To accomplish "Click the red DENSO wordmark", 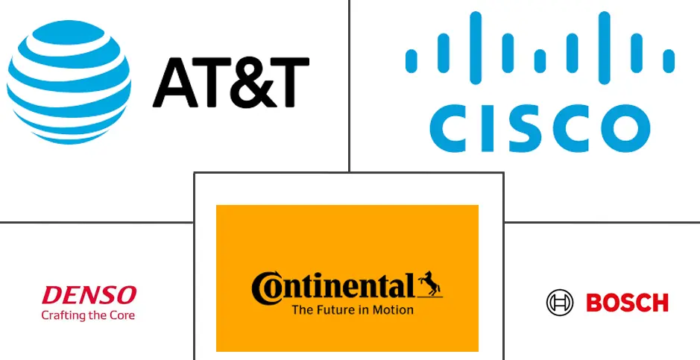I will click(89, 294).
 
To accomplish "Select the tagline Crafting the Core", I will click(89, 315).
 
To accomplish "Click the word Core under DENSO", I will click(121, 315).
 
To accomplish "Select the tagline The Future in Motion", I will click(353, 309).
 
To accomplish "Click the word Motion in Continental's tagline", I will click(394, 309).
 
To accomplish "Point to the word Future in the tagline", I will click(333, 309).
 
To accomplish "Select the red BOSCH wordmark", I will click(627, 303).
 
